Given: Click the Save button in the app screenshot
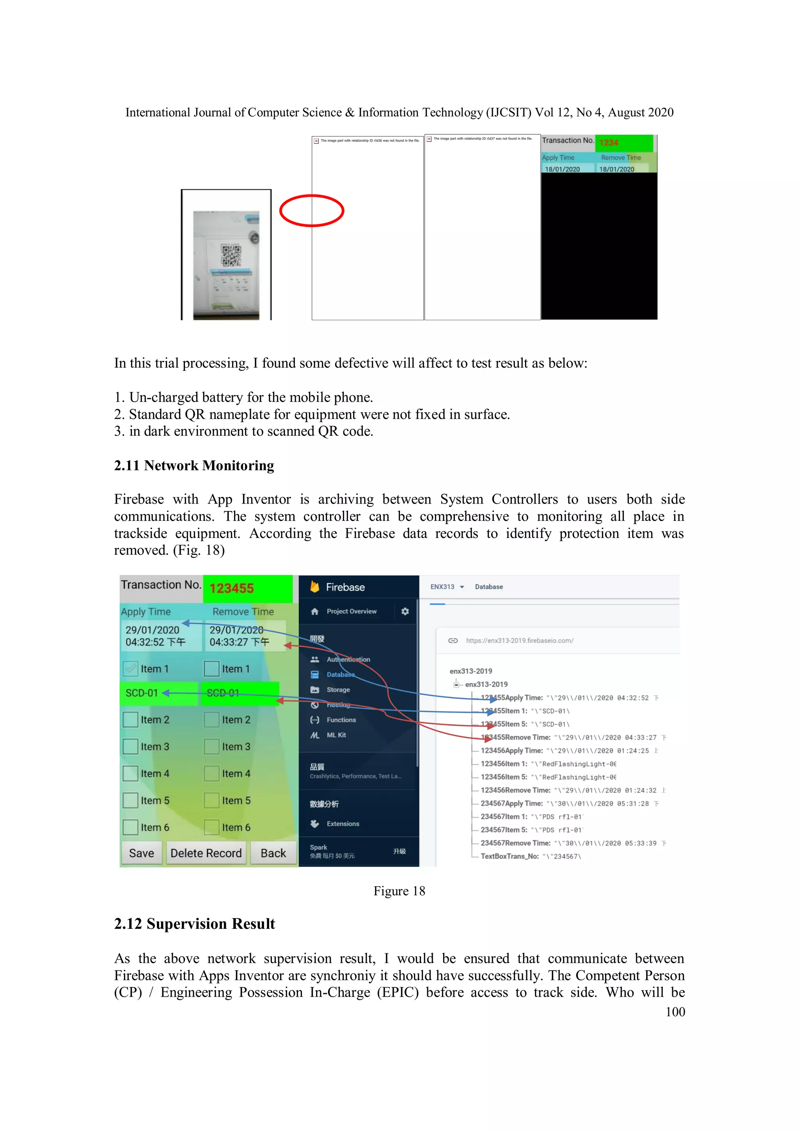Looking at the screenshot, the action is coord(141,853).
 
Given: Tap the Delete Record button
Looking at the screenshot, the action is coord(206,853).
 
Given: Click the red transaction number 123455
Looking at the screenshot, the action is coord(231,588).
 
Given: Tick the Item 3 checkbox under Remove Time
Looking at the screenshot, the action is coord(212,746).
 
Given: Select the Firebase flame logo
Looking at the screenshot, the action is coord(314,587).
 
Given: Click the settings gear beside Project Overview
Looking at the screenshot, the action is coord(405,611).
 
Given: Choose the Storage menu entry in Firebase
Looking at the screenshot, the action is coord(338,689).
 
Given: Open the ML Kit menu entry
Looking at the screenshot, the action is coord(336,735).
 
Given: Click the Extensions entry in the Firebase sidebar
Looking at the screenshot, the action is coord(343,824).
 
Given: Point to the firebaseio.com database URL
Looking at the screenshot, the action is coord(519,640).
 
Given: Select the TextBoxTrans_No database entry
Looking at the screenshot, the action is coord(530,856).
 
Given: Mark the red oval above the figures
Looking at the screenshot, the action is coord(312,211).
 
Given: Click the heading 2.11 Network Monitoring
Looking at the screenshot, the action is coord(194,465).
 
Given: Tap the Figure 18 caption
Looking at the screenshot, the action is coord(399,891).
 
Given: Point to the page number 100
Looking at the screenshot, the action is coord(675,1012).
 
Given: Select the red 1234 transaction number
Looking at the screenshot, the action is coord(609,143).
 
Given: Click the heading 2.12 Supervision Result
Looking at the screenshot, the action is coord(194,924).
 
